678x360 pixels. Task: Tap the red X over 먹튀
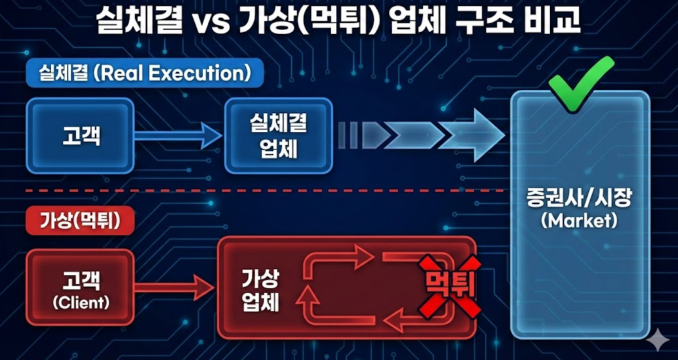click(447, 285)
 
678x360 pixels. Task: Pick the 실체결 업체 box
click(279, 134)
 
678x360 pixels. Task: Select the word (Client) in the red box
click(81, 302)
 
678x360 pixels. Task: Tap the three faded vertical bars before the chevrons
click(348, 134)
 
